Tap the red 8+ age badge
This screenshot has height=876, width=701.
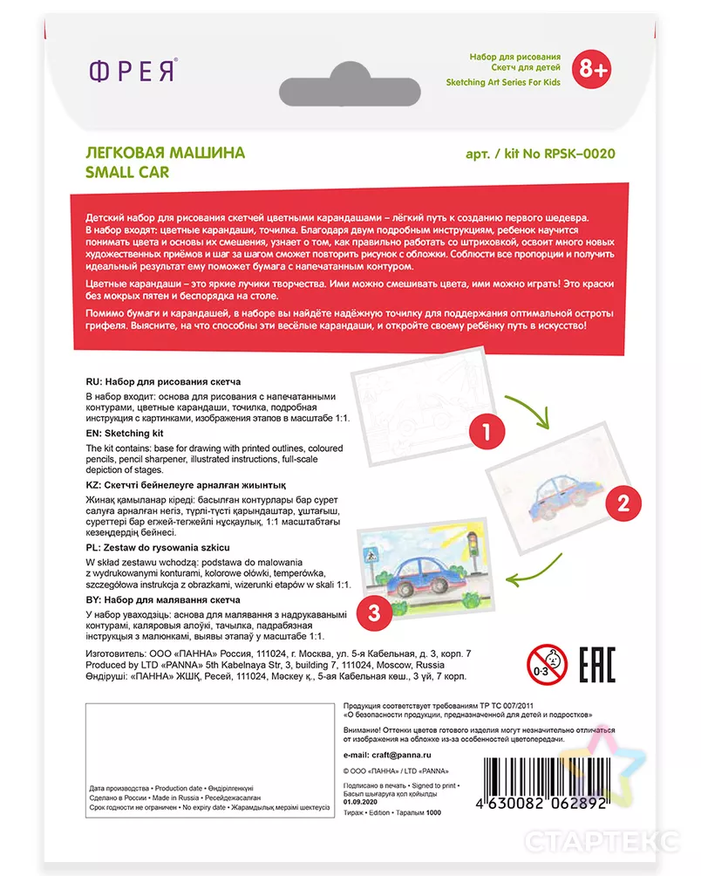(x=589, y=68)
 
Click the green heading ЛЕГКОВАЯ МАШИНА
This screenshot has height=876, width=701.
(x=165, y=153)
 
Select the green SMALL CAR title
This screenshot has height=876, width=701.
(x=126, y=172)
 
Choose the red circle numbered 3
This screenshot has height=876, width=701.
(x=374, y=612)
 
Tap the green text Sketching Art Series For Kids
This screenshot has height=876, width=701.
(x=503, y=83)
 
